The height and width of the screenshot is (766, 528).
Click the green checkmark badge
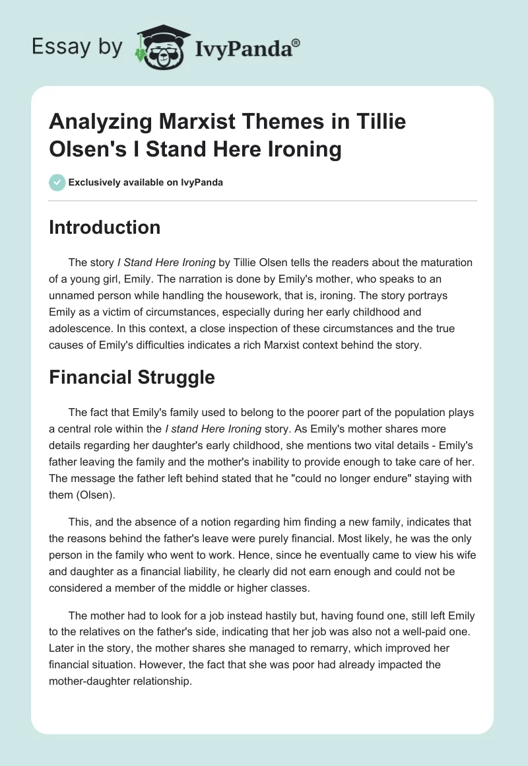57,183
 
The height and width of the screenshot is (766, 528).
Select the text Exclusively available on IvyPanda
146,183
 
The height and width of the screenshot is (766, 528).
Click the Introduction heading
105,227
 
